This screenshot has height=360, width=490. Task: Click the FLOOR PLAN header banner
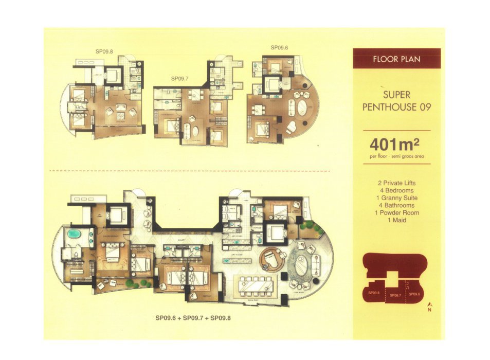tap(396, 59)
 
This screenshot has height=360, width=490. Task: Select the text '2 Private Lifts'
tap(396, 183)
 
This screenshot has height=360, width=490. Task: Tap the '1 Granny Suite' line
tap(396, 198)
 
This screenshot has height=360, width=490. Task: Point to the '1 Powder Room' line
tap(396, 213)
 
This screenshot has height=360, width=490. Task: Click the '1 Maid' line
tap(396, 220)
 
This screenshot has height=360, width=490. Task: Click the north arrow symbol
tap(429, 307)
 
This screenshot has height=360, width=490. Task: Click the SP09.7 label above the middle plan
tap(180, 79)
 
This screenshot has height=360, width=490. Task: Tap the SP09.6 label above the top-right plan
tap(279, 48)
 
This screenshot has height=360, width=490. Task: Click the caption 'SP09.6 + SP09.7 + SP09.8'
tap(193, 318)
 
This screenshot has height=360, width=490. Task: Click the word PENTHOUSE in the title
tap(396, 107)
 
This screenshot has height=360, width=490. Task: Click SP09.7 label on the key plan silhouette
tap(395, 295)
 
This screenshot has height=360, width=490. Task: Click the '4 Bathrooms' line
tap(396, 205)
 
